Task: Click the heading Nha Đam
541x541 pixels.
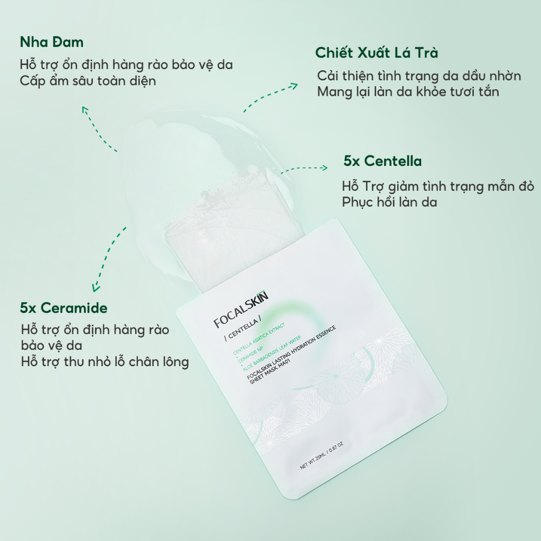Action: tap(52, 42)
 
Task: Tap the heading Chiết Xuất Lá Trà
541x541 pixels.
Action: tap(377, 53)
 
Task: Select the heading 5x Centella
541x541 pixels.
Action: tap(383, 161)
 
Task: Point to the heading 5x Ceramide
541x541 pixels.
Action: tap(64, 308)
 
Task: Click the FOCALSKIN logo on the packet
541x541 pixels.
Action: tap(241, 310)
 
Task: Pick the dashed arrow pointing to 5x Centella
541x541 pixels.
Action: tap(304, 170)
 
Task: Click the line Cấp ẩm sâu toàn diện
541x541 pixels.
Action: tap(88, 81)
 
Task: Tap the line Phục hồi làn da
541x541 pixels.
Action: tap(389, 202)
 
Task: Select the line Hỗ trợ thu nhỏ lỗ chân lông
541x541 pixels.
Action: tap(105, 362)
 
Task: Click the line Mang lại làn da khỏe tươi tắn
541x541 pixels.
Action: tap(408, 92)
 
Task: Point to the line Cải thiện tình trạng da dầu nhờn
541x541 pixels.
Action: tap(419, 76)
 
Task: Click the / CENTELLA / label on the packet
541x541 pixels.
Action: tap(242, 330)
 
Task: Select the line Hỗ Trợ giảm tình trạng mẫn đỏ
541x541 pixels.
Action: tap(438, 186)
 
